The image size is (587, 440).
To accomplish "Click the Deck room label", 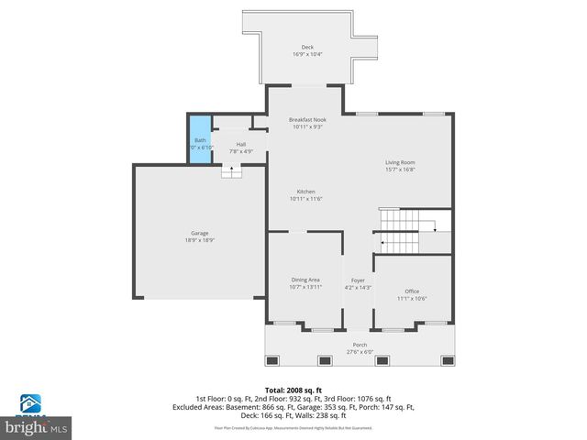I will click(307, 47).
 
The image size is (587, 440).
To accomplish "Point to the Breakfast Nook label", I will click(307, 120).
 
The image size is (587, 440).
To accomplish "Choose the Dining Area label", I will click(305, 280).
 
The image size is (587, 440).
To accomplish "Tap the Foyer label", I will click(358, 280).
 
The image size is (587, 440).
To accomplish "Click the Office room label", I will click(412, 291).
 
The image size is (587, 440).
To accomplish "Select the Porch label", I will click(359, 345).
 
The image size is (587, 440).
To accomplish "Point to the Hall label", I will click(240, 144).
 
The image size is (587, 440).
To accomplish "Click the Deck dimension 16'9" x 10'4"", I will click(307, 54).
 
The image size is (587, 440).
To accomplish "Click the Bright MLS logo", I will click(37, 421).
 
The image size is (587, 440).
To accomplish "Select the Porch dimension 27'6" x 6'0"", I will click(359, 352).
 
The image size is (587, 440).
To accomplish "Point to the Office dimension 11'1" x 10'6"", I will click(412, 299).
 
